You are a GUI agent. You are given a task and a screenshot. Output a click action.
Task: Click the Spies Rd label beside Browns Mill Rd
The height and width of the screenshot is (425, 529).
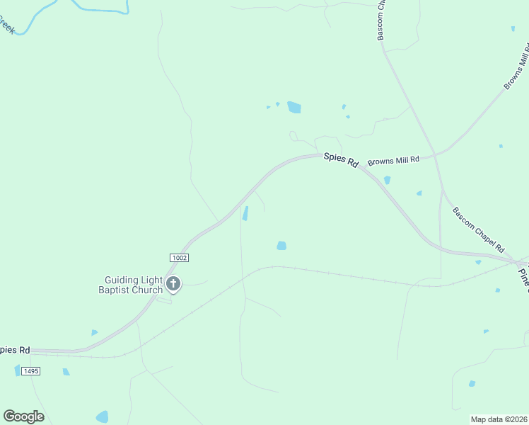pyautogui.click(x=341, y=160)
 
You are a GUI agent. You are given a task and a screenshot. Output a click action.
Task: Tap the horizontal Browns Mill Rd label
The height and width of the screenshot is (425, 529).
pyautogui.click(x=393, y=160)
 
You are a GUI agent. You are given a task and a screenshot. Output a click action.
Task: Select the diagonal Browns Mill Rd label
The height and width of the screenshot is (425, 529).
pyautogui.click(x=516, y=67)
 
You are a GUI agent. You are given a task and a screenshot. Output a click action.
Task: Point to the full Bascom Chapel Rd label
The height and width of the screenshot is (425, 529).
pyautogui.click(x=478, y=230)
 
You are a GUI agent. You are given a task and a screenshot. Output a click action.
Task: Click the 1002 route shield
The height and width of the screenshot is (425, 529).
pyautogui.click(x=179, y=258)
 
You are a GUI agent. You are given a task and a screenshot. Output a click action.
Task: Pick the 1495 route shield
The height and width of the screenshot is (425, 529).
pyautogui.click(x=30, y=371)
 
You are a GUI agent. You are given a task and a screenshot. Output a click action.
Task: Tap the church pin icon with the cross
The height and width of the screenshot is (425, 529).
pyautogui.click(x=173, y=285)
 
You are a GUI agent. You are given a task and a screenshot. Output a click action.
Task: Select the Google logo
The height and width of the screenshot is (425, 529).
pyautogui.click(x=23, y=416)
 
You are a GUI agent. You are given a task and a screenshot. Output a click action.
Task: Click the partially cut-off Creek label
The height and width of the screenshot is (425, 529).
pyautogui.click(x=8, y=28)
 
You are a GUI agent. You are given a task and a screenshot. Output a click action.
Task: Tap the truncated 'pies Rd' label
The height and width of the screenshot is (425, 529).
pyautogui.click(x=15, y=350)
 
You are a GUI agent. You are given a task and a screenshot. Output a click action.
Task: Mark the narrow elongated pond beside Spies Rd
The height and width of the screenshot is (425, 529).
pyautogui.click(x=245, y=213)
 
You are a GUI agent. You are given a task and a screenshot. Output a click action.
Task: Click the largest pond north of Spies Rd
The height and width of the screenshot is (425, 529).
pyautogui.click(x=293, y=108)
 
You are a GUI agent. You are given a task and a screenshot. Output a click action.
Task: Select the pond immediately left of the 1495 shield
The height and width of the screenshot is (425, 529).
pyautogui.click(x=18, y=370)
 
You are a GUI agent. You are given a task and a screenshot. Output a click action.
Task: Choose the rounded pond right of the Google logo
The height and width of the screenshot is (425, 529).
pyautogui.click(x=103, y=416)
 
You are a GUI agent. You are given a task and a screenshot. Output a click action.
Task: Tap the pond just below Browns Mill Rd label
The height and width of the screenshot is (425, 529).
pyautogui.click(x=387, y=180)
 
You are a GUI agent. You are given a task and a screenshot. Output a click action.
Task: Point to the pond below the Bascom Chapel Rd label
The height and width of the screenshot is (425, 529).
pyautogui.click(x=479, y=262)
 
